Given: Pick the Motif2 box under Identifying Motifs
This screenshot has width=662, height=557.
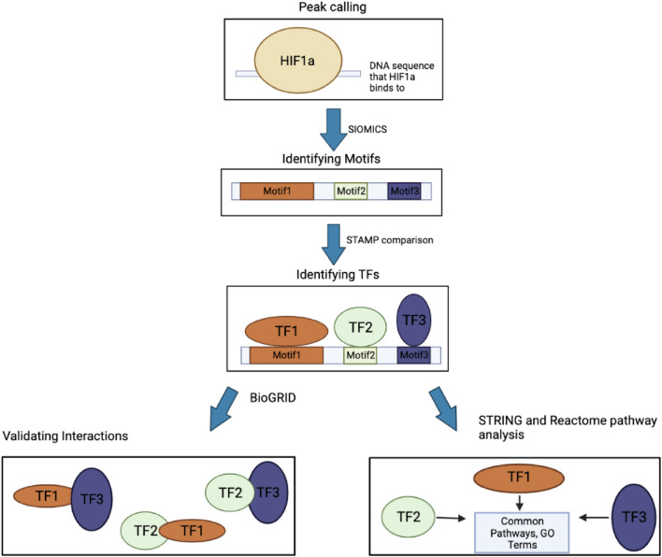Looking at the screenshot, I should [352, 191].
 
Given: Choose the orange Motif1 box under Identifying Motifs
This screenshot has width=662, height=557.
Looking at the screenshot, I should [276, 191].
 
